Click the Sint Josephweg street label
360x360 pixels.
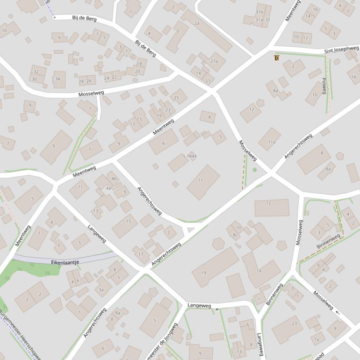[x=341, y=49]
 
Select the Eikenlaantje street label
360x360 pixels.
[x=65, y=262]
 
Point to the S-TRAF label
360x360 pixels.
[x=189, y=156]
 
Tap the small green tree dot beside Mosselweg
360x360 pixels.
[x=254, y=170]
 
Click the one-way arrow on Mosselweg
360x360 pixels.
[x=337, y=310]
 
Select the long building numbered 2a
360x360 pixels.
[x=206, y=31]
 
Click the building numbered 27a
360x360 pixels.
[x=214, y=61]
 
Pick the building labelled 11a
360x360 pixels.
[x=271, y=141]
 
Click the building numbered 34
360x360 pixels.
[x=58, y=79]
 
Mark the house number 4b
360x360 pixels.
[x=114, y=179]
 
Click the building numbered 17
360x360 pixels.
[x=141, y=254]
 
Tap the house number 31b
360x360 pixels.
[x=259, y=12]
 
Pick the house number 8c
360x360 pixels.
[x=235, y=235]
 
